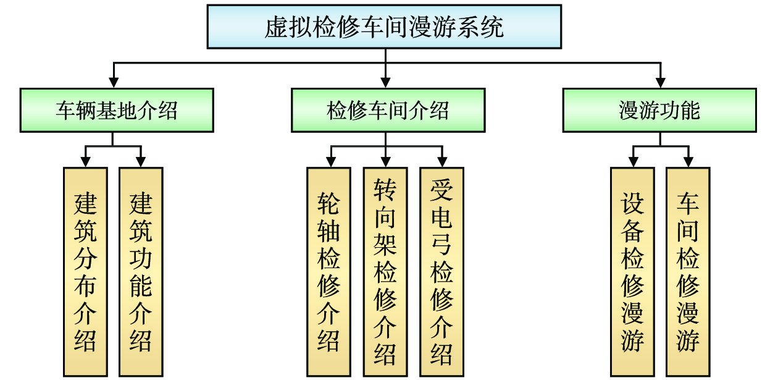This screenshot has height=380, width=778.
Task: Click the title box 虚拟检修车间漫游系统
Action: click(x=384, y=27)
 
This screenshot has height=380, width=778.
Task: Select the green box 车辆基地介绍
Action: click(x=117, y=110)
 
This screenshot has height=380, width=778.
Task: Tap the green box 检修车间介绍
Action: click(x=387, y=110)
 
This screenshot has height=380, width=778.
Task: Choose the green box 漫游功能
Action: click(x=659, y=110)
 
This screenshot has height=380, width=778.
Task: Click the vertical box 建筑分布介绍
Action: click(x=85, y=272)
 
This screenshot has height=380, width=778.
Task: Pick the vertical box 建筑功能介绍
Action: click(x=141, y=272)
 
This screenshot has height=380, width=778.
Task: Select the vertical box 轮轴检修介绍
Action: click(x=328, y=272)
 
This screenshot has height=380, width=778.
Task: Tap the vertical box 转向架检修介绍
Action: click(x=385, y=272)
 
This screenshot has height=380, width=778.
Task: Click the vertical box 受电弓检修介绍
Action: click(x=441, y=272)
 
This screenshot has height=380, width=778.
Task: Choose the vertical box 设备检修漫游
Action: click(x=632, y=272)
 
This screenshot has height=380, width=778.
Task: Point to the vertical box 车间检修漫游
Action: click(x=688, y=272)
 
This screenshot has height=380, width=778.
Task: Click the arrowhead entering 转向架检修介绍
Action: click(x=386, y=161)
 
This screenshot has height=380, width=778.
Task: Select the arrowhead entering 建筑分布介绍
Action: click(x=85, y=161)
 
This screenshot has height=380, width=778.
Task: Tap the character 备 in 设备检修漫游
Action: click(x=632, y=232)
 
